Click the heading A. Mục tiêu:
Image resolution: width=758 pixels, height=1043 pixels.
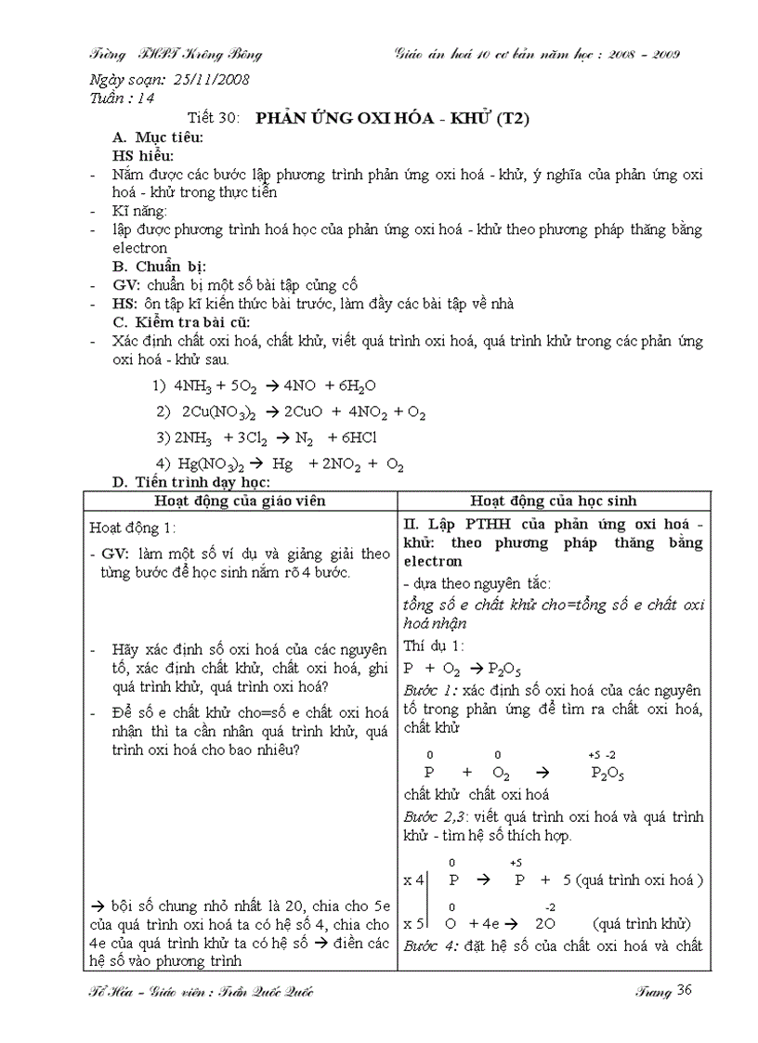(x=158, y=137)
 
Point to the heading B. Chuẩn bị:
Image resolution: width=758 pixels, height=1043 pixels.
(x=161, y=267)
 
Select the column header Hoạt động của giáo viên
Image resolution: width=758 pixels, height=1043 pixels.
(x=241, y=501)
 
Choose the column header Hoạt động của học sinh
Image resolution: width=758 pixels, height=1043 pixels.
(x=553, y=501)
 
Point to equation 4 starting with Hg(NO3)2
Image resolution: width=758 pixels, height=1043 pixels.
(x=280, y=464)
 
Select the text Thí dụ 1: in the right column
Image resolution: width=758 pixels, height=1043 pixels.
(x=434, y=645)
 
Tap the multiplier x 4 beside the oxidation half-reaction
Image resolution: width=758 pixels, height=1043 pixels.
(x=413, y=879)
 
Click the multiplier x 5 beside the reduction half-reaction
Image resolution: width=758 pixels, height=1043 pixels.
(x=413, y=924)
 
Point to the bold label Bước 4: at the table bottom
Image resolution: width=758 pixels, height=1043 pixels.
(x=430, y=946)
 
